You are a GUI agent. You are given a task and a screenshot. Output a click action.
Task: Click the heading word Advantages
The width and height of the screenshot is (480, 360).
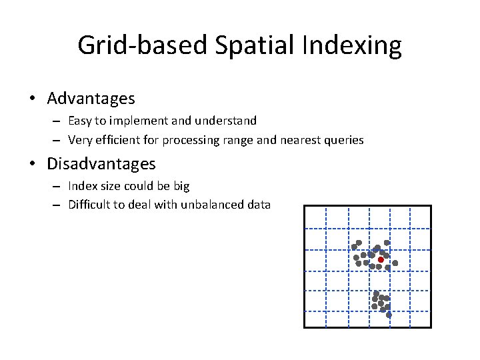pyautogui.click(x=91, y=99)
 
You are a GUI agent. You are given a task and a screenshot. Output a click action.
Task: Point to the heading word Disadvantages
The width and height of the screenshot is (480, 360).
pyautogui.click(x=101, y=163)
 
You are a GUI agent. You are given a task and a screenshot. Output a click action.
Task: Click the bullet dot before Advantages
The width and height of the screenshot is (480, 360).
pyautogui.click(x=32, y=99)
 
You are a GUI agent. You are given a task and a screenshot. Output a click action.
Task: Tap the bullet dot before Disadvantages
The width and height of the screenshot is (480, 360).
pyautogui.click(x=32, y=164)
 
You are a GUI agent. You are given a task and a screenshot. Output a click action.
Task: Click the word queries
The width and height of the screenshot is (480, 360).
pyautogui.click(x=343, y=140)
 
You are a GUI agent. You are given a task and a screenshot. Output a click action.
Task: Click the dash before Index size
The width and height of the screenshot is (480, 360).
pyautogui.click(x=59, y=186)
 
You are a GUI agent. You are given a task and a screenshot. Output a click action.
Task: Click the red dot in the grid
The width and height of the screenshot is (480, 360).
pyautogui.click(x=381, y=259)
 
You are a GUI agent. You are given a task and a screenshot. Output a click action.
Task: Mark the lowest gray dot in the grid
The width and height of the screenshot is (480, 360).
pyautogui.click(x=389, y=314)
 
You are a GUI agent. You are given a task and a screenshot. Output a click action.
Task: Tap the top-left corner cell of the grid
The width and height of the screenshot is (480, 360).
pyautogui.click(x=315, y=217)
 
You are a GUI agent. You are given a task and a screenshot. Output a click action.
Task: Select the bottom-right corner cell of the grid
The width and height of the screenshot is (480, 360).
pyautogui.click(x=420, y=319)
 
